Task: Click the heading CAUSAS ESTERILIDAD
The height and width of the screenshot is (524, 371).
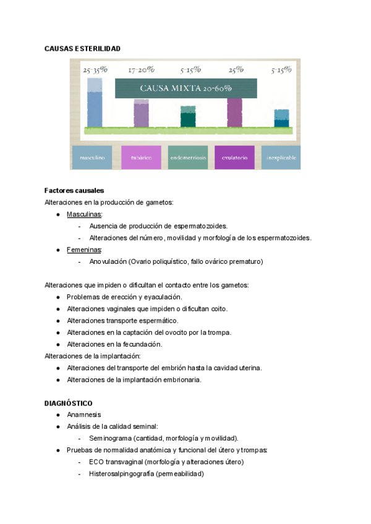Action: (x=82, y=48)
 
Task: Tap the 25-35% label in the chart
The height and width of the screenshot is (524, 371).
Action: (x=95, y=70)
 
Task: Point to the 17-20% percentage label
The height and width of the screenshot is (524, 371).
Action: (x=142, y=70)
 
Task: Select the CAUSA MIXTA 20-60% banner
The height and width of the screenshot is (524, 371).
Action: (x=186, y=88)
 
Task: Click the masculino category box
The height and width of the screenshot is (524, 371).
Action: (x=92, y=158)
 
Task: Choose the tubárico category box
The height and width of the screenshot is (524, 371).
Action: (x=141, y=158)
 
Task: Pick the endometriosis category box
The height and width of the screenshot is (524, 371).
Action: (x=188, y=158)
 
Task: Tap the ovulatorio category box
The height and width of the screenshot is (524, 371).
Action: (x=234, y=158)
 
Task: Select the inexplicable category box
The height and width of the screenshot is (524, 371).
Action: (x=281, y=158)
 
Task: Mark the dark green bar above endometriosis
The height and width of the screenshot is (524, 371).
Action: (x=188, y=119)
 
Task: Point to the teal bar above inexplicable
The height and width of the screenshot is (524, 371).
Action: (x=281, y=119)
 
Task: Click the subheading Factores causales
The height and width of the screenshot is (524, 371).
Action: (x=74, y=190)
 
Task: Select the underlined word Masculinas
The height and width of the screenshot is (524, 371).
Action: (x=84, y=214)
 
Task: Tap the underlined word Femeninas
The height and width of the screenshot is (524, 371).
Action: (x=83, y=250)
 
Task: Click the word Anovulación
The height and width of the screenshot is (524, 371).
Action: (x=108, y=261)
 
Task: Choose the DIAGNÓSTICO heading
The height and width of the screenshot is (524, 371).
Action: (x=68, y=403)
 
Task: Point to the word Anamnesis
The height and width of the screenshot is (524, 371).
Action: (x=83, y=415)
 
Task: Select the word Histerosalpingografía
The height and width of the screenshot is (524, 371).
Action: (x=121, y=474)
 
